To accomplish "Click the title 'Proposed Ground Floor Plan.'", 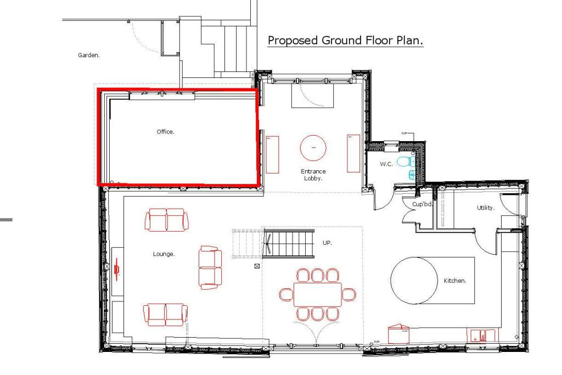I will (345, 41).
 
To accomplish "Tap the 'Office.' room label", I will (165, 132).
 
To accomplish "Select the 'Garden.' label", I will (89, 55).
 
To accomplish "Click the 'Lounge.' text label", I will (164, 254).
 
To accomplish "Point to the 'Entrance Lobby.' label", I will (313, 175).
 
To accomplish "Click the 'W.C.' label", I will (386, 164).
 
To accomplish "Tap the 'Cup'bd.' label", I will (422, 204).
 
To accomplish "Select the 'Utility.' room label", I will (486, 208).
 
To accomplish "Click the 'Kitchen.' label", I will (455, 281).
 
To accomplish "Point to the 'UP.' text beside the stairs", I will (327, 242).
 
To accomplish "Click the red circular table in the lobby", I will (313, 148).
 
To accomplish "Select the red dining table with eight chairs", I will (318, 294).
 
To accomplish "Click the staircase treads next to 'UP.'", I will (288, 244).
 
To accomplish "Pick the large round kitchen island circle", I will (414, 280).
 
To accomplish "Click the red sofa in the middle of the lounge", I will (210, 267).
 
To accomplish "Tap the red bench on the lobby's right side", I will (353, 153).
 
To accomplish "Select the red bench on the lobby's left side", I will (273, 154).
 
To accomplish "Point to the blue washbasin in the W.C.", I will (412, 175).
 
